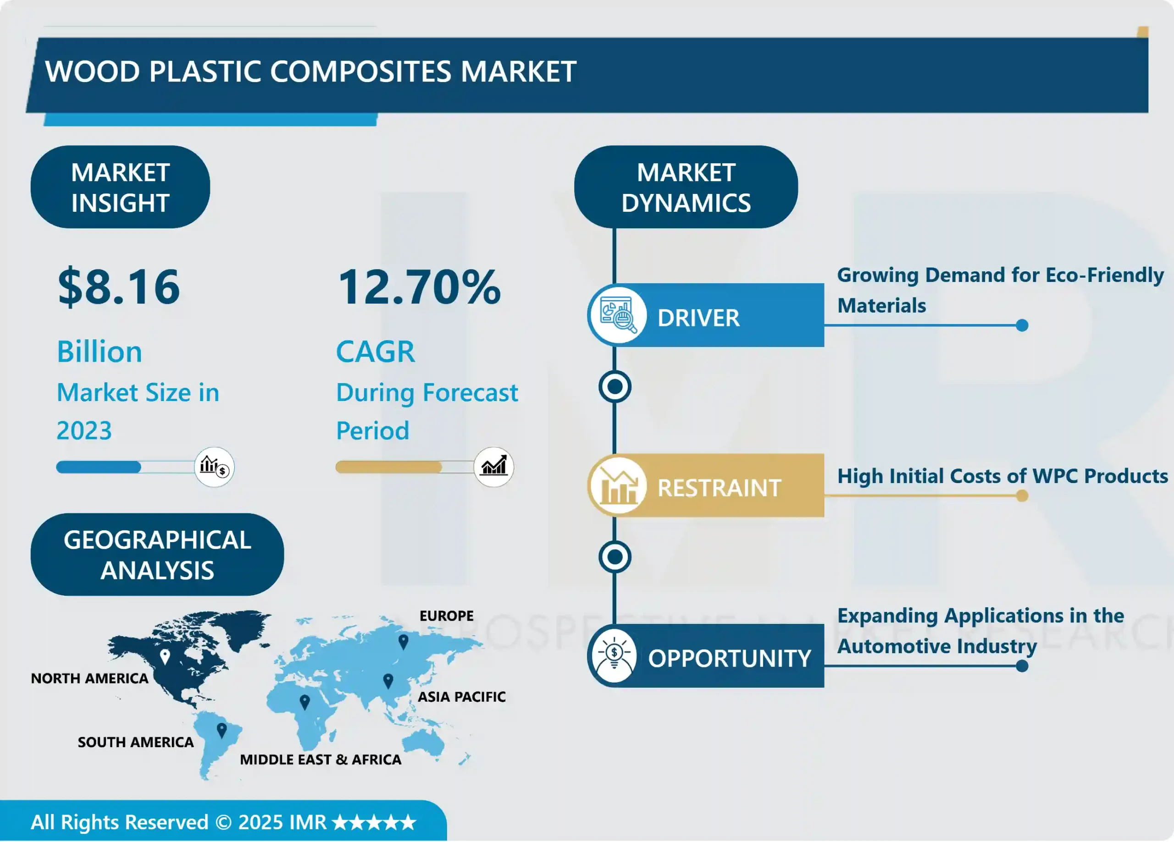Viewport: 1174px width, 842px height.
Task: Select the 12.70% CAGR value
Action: tap(419, 287)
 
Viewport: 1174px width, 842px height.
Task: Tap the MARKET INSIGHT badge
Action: tap(120, 187)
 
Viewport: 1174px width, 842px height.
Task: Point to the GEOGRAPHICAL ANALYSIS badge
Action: tap(157, 555)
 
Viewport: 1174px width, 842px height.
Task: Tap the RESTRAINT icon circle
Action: tap(617, 486)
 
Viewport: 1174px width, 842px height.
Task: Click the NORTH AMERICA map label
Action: tap(89, 678)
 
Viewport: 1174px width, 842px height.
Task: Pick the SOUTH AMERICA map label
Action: tap(136, 742)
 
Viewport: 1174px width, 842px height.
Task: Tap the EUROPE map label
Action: tap(446, 616)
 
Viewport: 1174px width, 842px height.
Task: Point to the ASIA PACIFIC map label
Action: tap(461, 697)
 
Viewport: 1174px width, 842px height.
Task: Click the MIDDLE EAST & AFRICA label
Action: tap(321, 759)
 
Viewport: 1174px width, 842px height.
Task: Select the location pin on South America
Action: tap(222, 730)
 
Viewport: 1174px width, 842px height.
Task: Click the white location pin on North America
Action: tap(165, 657)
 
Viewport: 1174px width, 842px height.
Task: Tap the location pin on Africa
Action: tap(305, 702)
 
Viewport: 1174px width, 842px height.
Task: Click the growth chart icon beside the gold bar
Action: tap(493, 467)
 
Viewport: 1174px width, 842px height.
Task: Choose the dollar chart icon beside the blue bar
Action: tap(214, 467)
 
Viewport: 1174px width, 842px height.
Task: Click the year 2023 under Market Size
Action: tap(84, 430)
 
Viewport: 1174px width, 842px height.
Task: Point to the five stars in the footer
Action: tap(374, 822)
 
